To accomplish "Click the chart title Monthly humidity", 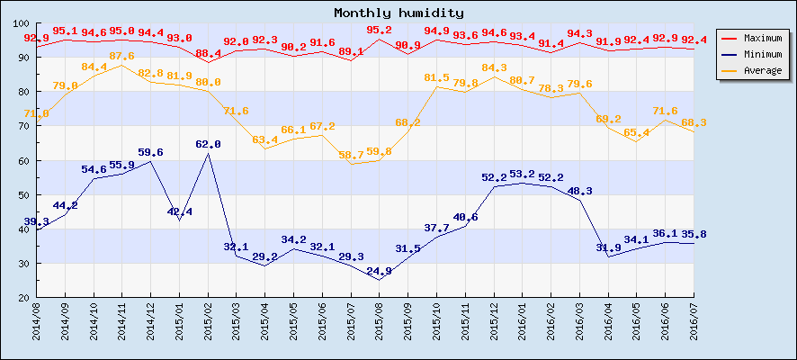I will click(398, 13).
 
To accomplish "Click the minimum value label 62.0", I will click(209, 144).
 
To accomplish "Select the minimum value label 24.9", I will click(380, 271).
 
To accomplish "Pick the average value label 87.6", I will click(122, 56).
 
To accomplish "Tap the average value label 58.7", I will click(351, 155).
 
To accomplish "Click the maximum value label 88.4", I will click(209, 53).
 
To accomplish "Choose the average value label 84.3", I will click(494, 67).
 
